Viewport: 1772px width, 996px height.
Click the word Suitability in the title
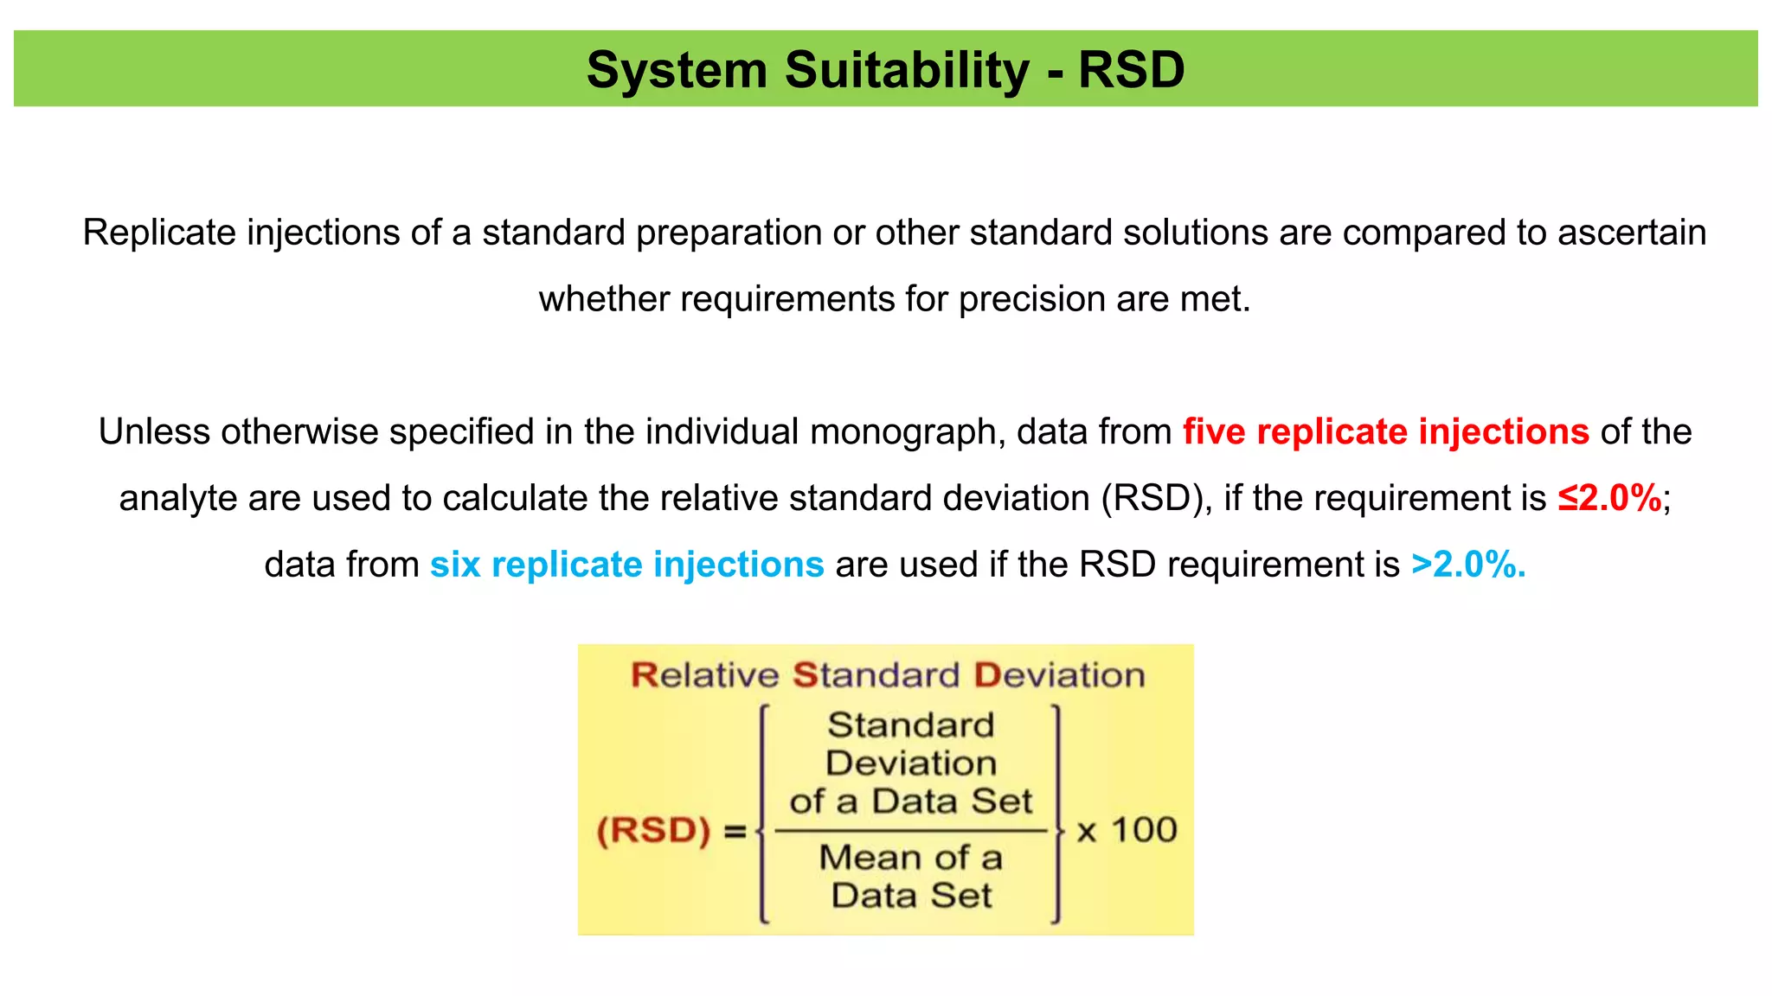pos(908,70)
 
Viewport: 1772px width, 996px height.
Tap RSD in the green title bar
pos(1131,70)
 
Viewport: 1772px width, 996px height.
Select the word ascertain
pos(1632,233)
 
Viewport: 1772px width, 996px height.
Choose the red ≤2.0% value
pos(1609,498)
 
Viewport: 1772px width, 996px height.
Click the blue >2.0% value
pos(1467,565)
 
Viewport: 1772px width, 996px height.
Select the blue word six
pos(455,565)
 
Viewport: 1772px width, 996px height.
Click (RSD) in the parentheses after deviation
pos(1151,498)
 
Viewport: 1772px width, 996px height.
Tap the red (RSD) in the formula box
pos(653,831)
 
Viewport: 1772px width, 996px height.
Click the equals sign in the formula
pos(735,832)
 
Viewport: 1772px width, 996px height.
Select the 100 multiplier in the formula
pos(1144,830)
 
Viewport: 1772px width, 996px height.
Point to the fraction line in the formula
pos(911,831)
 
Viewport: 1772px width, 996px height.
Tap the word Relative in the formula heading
pos(704,675)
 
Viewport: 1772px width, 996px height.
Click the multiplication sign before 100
pos(1086,832)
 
